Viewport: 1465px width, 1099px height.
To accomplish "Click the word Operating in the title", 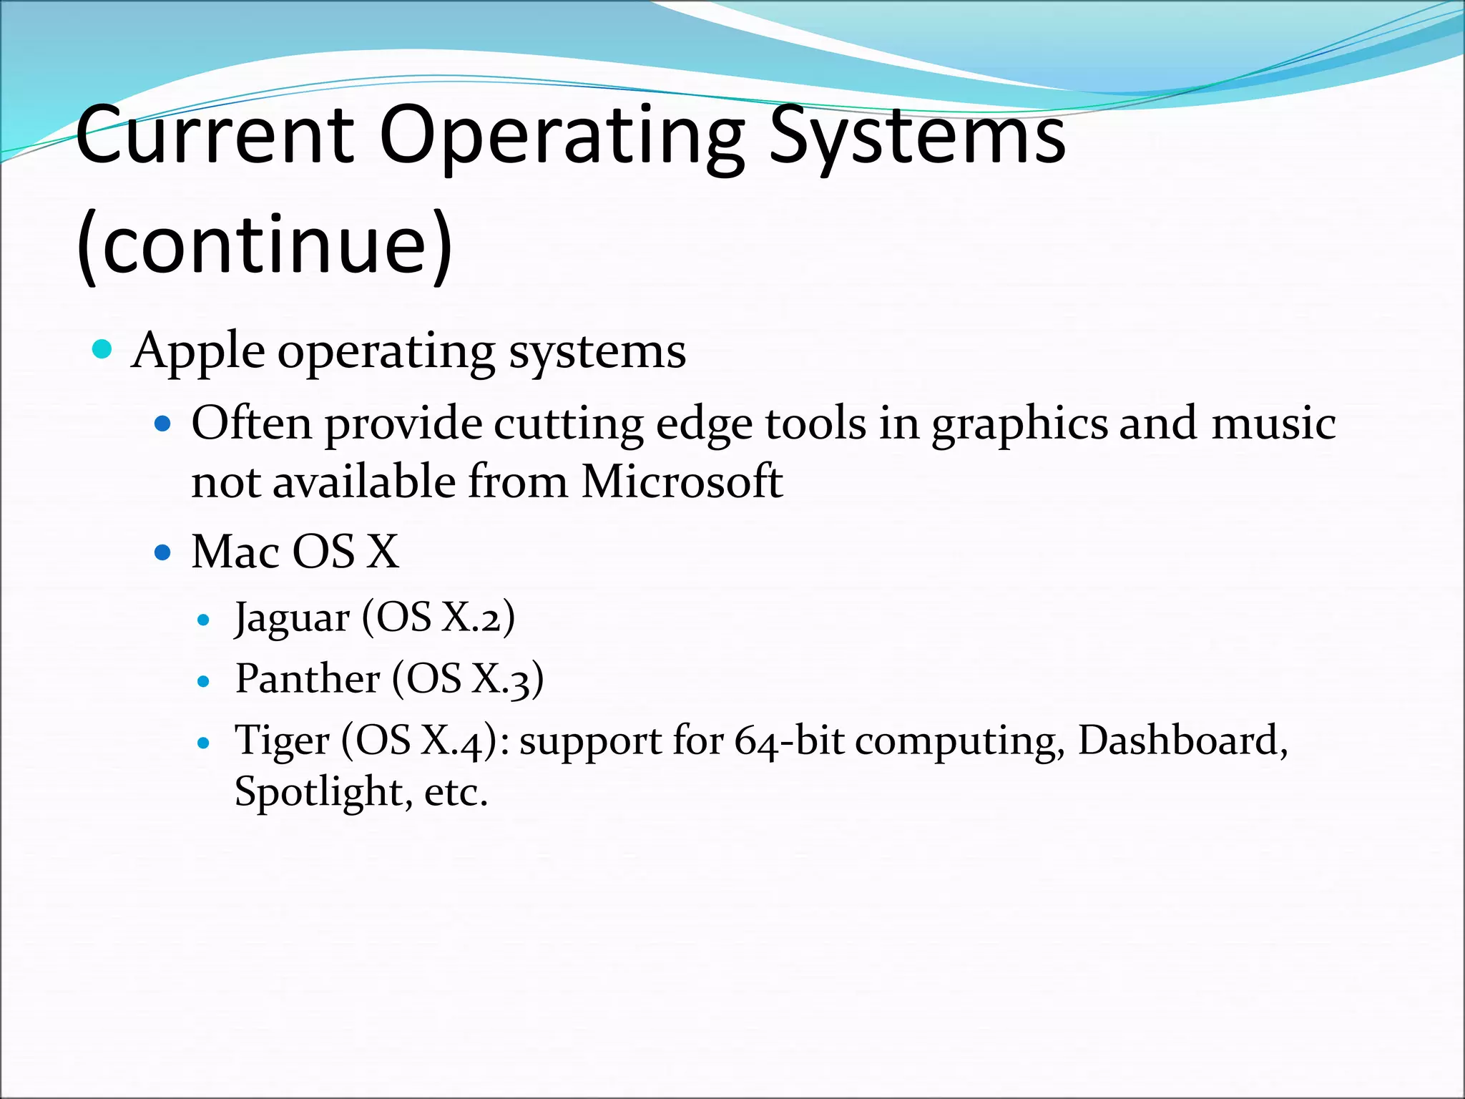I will click(562, 136).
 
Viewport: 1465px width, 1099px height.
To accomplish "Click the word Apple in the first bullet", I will click(198, 352).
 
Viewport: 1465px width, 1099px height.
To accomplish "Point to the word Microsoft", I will click(681, 481).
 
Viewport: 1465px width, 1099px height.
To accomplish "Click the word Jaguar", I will click(293, 618).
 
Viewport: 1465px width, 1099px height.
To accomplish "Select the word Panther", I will click(308, 678).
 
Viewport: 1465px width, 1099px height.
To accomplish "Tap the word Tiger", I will click(282, 741).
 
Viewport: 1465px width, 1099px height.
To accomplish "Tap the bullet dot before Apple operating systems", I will click(103, 350).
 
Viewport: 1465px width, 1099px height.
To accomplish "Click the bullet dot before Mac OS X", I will click(163, 552).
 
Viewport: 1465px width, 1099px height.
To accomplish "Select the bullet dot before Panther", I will click(204, 681).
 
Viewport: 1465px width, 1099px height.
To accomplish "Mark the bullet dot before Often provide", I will click(163, 424).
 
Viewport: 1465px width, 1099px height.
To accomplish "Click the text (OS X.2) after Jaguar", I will click(438, 617).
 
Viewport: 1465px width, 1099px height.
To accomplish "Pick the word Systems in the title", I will click(917, 136).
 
